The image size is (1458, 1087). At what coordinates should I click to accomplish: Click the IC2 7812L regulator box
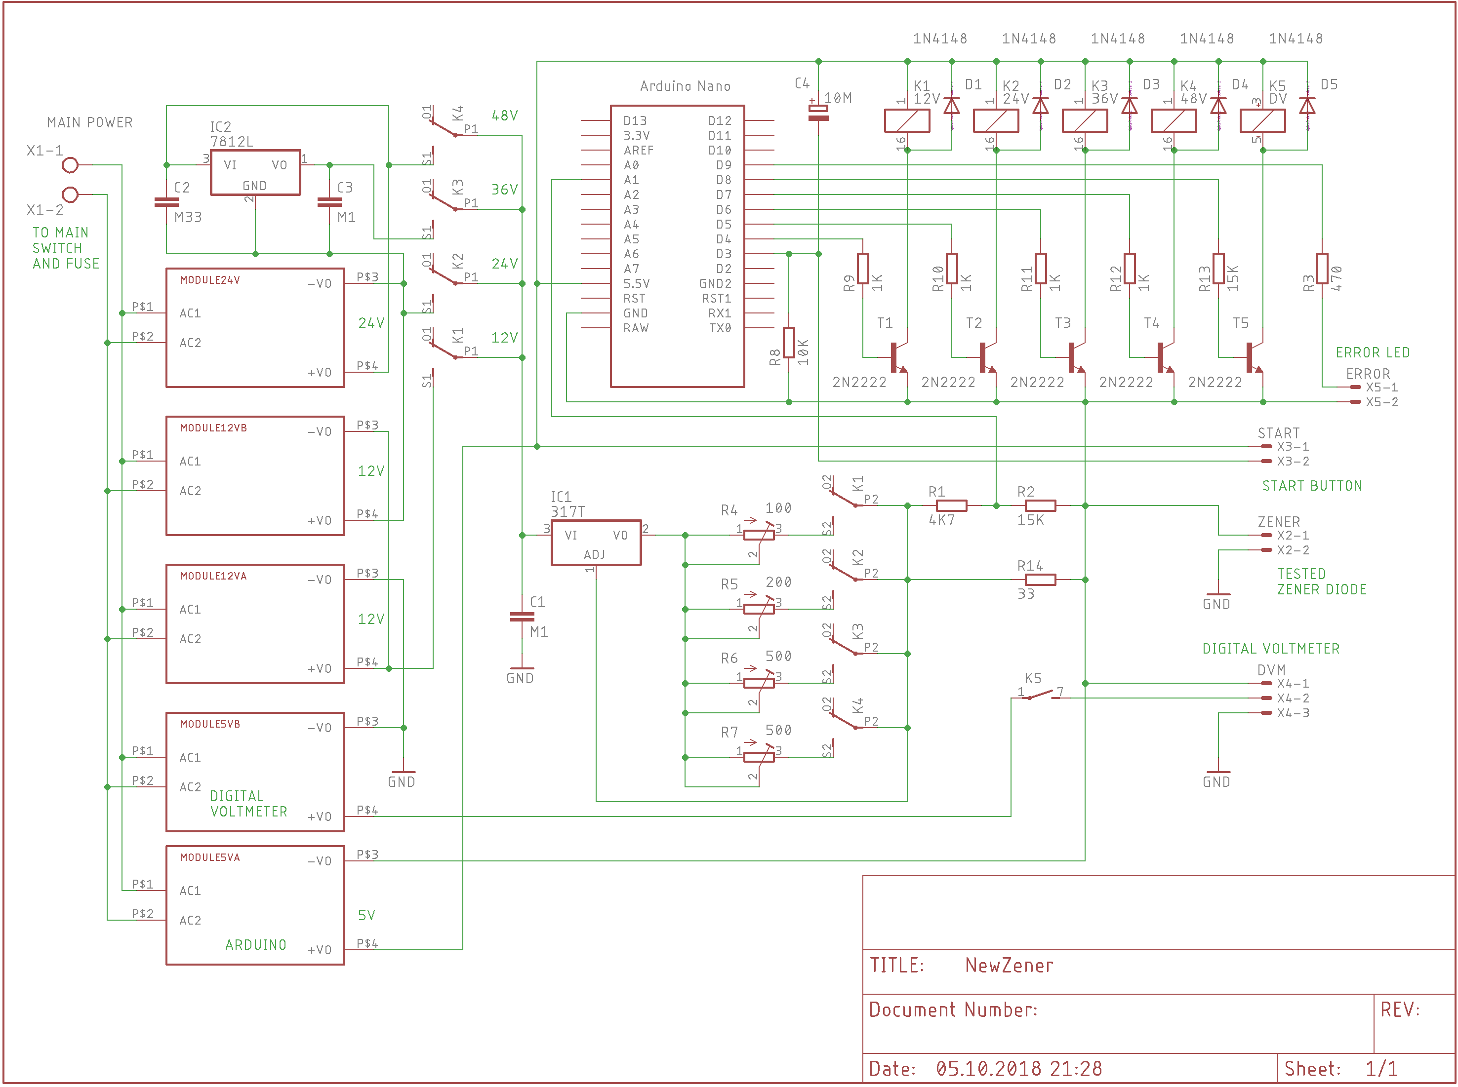click(255, 172)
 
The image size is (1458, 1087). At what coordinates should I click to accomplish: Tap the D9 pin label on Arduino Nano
click(724, 165)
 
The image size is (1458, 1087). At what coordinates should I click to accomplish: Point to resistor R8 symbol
click(789, 342)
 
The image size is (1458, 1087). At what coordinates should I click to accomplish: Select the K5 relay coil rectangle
click(1262, 121)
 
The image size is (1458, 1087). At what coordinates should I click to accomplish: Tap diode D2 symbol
click(1040, 105)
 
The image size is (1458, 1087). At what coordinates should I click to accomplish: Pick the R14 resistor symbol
click(1040, 580)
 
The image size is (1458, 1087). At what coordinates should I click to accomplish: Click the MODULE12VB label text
click(213, 427)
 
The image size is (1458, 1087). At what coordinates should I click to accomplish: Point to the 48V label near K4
click(504, 116)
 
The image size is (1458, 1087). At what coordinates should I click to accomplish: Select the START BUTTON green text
click(1311, 486)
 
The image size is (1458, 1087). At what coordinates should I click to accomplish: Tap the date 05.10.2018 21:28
click(1018, 1069)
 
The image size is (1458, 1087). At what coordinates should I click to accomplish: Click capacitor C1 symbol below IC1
click(522, 617)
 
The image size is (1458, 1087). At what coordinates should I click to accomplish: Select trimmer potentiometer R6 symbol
click(758, 682)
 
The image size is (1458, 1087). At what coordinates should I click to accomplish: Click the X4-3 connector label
click(1292, 713)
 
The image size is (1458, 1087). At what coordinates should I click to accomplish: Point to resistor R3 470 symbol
click(1322, 269)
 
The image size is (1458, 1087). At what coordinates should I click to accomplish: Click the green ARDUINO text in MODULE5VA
click(255, 945)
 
